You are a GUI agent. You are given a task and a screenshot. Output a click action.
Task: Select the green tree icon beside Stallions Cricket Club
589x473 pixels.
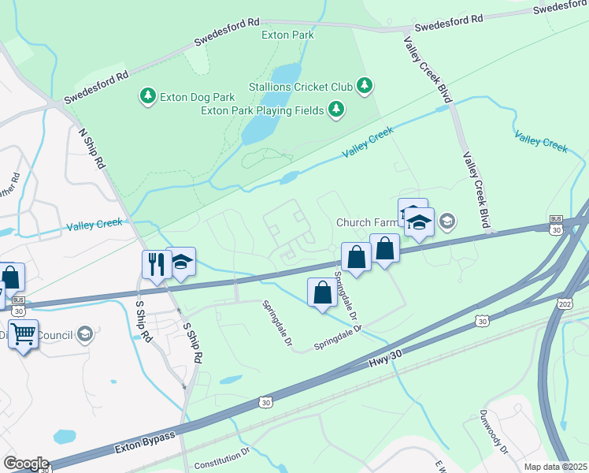pyautogui.click(x=364, y=85)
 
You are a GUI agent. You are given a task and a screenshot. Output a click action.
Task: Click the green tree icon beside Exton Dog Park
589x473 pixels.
pyautogui.click(x=146, y=96)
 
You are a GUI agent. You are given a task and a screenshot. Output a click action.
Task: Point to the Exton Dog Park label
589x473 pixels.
pyautogui.click(x=197, y=97)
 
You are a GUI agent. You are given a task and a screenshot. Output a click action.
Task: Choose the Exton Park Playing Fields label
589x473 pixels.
pyautogui.click(x=262, y=110)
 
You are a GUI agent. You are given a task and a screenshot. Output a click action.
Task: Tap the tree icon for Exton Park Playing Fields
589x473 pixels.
pyautogui.click(x=336, y=109)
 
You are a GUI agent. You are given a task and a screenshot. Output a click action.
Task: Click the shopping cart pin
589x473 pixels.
pyautogui.click(x=23, y=333)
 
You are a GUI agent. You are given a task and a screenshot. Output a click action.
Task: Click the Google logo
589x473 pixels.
pyautogui.click(x=26, y=463)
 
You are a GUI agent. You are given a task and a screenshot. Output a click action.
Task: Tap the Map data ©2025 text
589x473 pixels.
pyautogui.click(x=554, y=467)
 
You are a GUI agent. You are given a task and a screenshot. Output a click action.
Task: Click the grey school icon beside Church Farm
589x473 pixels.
pyautogui.click(x=447, y=222)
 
